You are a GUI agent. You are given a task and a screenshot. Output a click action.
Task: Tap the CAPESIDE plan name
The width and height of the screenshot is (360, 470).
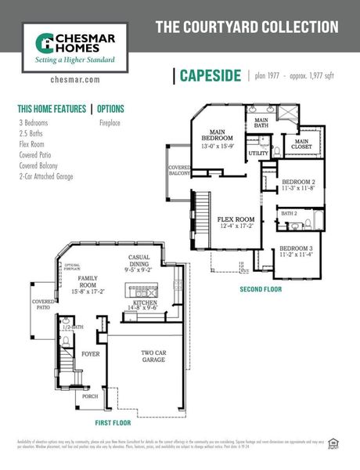click(209, 75)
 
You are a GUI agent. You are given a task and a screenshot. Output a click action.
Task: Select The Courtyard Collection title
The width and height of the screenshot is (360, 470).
click(247, 27)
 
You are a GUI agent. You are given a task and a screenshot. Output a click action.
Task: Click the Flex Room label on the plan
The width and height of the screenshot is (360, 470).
click(236, 222)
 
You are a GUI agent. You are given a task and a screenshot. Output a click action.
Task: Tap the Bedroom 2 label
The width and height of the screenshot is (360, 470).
click(299, 184)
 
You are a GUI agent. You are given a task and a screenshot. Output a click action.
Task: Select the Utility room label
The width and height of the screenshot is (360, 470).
click(258, 154)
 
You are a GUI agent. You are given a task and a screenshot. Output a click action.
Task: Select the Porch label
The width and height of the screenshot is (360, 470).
click(90, 396)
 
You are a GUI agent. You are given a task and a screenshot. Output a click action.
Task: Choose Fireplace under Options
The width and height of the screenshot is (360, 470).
click(111, 123)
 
